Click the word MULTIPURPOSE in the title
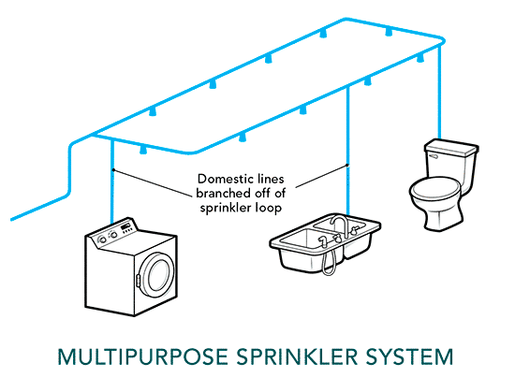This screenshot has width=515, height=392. coord(142,356)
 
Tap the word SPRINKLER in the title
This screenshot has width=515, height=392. coord(297,356)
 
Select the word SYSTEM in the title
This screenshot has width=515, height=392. coord(410,356)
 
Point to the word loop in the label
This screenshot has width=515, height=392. coord(268,208)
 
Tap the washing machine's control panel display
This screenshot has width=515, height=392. coord(125,226)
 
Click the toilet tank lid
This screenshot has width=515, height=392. coord(451,147)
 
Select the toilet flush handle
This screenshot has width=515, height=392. coord(433,156)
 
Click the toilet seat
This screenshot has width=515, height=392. coord(435,190)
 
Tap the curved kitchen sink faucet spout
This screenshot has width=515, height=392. coord(339,223)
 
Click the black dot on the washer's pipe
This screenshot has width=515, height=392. coord(113,170)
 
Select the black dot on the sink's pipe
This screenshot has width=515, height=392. coord(347,166)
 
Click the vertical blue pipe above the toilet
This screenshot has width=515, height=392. coord(439,93)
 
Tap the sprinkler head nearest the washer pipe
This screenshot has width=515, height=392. coord(143,150)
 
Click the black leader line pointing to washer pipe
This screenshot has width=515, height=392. coord(152,183)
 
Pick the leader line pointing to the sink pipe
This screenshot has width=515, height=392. coord(322,177)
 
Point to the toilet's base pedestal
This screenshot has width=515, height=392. coord(444,216)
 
